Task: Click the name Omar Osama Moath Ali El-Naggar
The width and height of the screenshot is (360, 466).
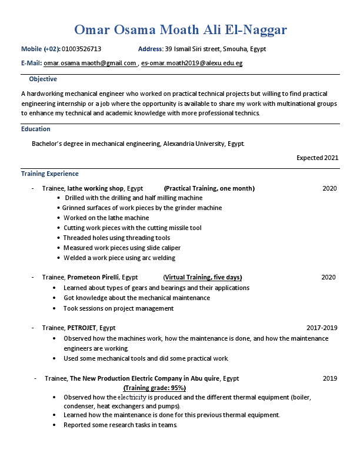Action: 181,30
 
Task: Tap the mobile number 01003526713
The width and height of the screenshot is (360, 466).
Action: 81,49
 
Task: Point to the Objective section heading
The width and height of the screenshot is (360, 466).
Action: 43,79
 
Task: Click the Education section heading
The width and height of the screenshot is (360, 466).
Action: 36,129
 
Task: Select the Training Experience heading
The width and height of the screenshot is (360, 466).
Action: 50,174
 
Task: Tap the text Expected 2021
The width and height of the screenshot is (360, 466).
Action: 317,158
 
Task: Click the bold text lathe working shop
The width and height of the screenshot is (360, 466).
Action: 95,188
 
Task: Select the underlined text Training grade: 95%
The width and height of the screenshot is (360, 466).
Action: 155,388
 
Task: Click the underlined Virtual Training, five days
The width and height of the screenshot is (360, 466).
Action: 203,277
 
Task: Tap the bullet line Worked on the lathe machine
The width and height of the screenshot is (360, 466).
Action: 106,218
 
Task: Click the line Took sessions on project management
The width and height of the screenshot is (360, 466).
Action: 118,308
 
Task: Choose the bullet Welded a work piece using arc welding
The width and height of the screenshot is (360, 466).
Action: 119,258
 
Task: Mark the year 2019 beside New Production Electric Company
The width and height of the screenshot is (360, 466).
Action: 329,378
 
